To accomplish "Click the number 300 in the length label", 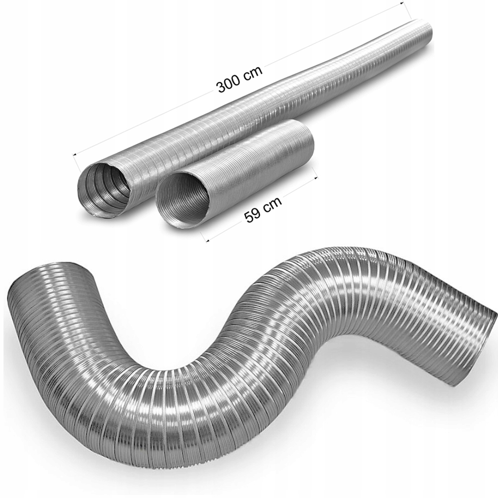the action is click(x=228, y=85).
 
